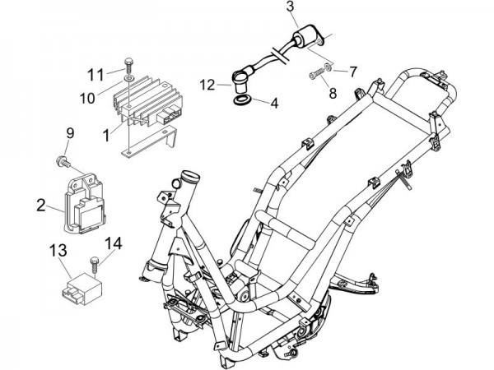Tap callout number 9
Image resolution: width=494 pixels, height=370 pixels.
(x=70, y=133)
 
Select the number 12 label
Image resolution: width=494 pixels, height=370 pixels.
(x=207, y=83)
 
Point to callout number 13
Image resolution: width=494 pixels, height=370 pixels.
(x=59, y=249)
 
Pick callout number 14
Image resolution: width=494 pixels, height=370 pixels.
(x=114, y=243)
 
